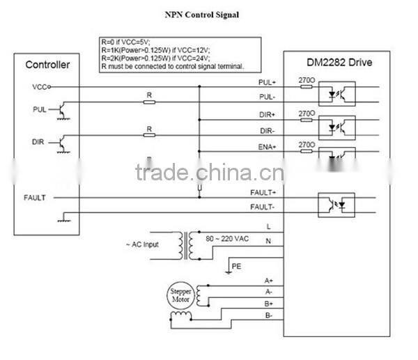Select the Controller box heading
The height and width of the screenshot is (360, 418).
click(x=47, y=65)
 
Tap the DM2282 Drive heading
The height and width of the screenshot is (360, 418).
click(x=339, y=63)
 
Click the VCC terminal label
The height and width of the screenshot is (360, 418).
click(x=40, y=87)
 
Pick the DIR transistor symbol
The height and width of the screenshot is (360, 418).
click(x=63, y=143)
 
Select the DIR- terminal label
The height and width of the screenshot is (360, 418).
click(x=267, y=130)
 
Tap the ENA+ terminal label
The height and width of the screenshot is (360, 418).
click(x=267, y=146)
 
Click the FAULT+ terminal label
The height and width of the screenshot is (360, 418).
click(x=263, y=192)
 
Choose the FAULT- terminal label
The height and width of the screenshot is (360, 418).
click(x=263, y=208)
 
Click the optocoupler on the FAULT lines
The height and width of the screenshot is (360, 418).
click(x=338, y=203)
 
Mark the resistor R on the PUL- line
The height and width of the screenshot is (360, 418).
click(x=148, y=102)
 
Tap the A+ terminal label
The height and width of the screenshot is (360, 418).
click(x=268, y=280)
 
